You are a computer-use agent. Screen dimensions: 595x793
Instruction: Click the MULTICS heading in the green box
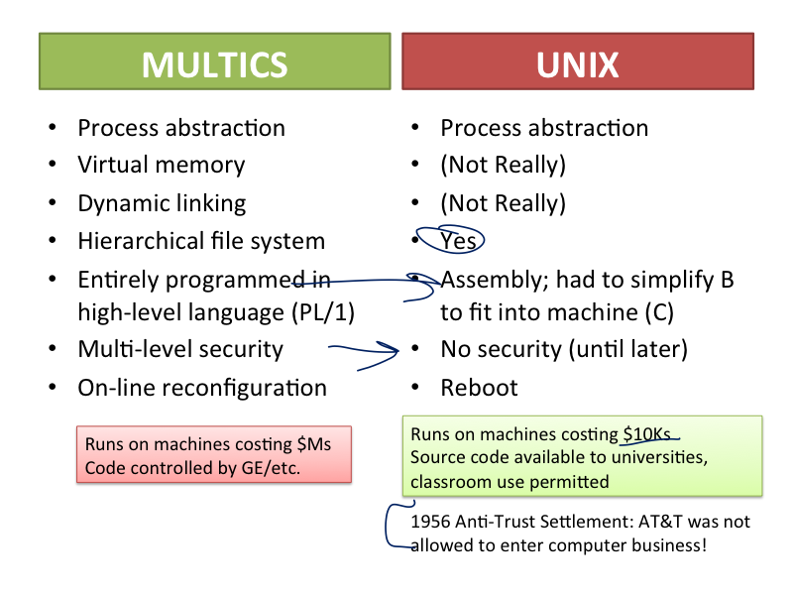[x=214, y=64]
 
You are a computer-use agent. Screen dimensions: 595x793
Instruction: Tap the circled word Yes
[x=458, y=240]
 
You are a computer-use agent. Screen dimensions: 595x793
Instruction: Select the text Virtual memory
[x=161, y=166]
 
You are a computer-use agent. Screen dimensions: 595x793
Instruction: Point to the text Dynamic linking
[x=162, y=203]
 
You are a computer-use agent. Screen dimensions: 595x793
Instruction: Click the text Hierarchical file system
[x=201, y=241]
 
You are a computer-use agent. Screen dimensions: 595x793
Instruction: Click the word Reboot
[x=479, y=387]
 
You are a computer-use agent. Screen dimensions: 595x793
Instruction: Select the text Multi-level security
[x=180, y=349]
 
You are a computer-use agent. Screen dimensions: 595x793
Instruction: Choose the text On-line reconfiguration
[x=202, y=387]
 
